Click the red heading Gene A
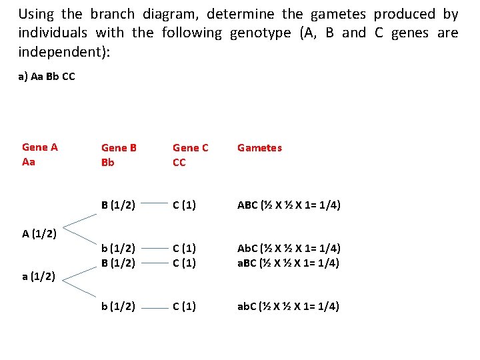[40, 147]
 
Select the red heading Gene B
[119, 148]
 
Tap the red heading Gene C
[191, 148]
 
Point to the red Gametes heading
[259, 148]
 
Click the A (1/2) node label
[39, 234]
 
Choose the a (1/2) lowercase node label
[39, 276]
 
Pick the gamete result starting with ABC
[289, 205]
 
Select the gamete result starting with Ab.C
[289, 249]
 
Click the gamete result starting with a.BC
[289, 263]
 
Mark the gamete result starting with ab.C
[289, 307]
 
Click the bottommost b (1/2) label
[119, 307]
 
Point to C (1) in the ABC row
[184, 205]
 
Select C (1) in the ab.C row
[184, 307]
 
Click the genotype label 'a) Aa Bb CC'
[47, 77]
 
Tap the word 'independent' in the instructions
[55, 51]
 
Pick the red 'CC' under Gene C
[179, 163]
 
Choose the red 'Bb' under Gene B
[109, 163]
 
